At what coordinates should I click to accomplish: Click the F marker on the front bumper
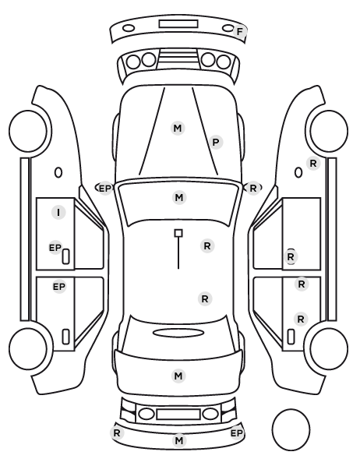(240, 31)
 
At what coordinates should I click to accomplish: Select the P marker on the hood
(216, 143)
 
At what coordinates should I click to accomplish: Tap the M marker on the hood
(178, 129)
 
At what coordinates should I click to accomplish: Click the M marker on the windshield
(179, 198)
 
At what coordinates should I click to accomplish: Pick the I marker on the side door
(58, 213)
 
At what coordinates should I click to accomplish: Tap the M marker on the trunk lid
(178, 376)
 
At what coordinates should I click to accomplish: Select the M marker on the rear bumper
(179, 440)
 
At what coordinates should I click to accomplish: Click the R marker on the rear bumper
(117, 433)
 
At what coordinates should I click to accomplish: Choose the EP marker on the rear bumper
(237, 433)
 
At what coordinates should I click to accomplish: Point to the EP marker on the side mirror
(104, 189)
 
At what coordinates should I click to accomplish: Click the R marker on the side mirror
(253, 188)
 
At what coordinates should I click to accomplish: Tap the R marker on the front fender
(313, 163)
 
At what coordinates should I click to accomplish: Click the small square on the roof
(178, 233)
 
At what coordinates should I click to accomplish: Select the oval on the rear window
(178, 333)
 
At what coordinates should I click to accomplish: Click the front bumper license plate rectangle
(178, 24)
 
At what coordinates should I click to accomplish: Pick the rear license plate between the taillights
(178, 414)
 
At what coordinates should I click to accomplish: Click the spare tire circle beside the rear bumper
(291, 429)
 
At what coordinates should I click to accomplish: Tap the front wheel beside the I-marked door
(28, 131)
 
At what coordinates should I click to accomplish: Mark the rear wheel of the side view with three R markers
(329, 348)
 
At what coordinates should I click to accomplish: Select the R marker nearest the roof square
(207, 246)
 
